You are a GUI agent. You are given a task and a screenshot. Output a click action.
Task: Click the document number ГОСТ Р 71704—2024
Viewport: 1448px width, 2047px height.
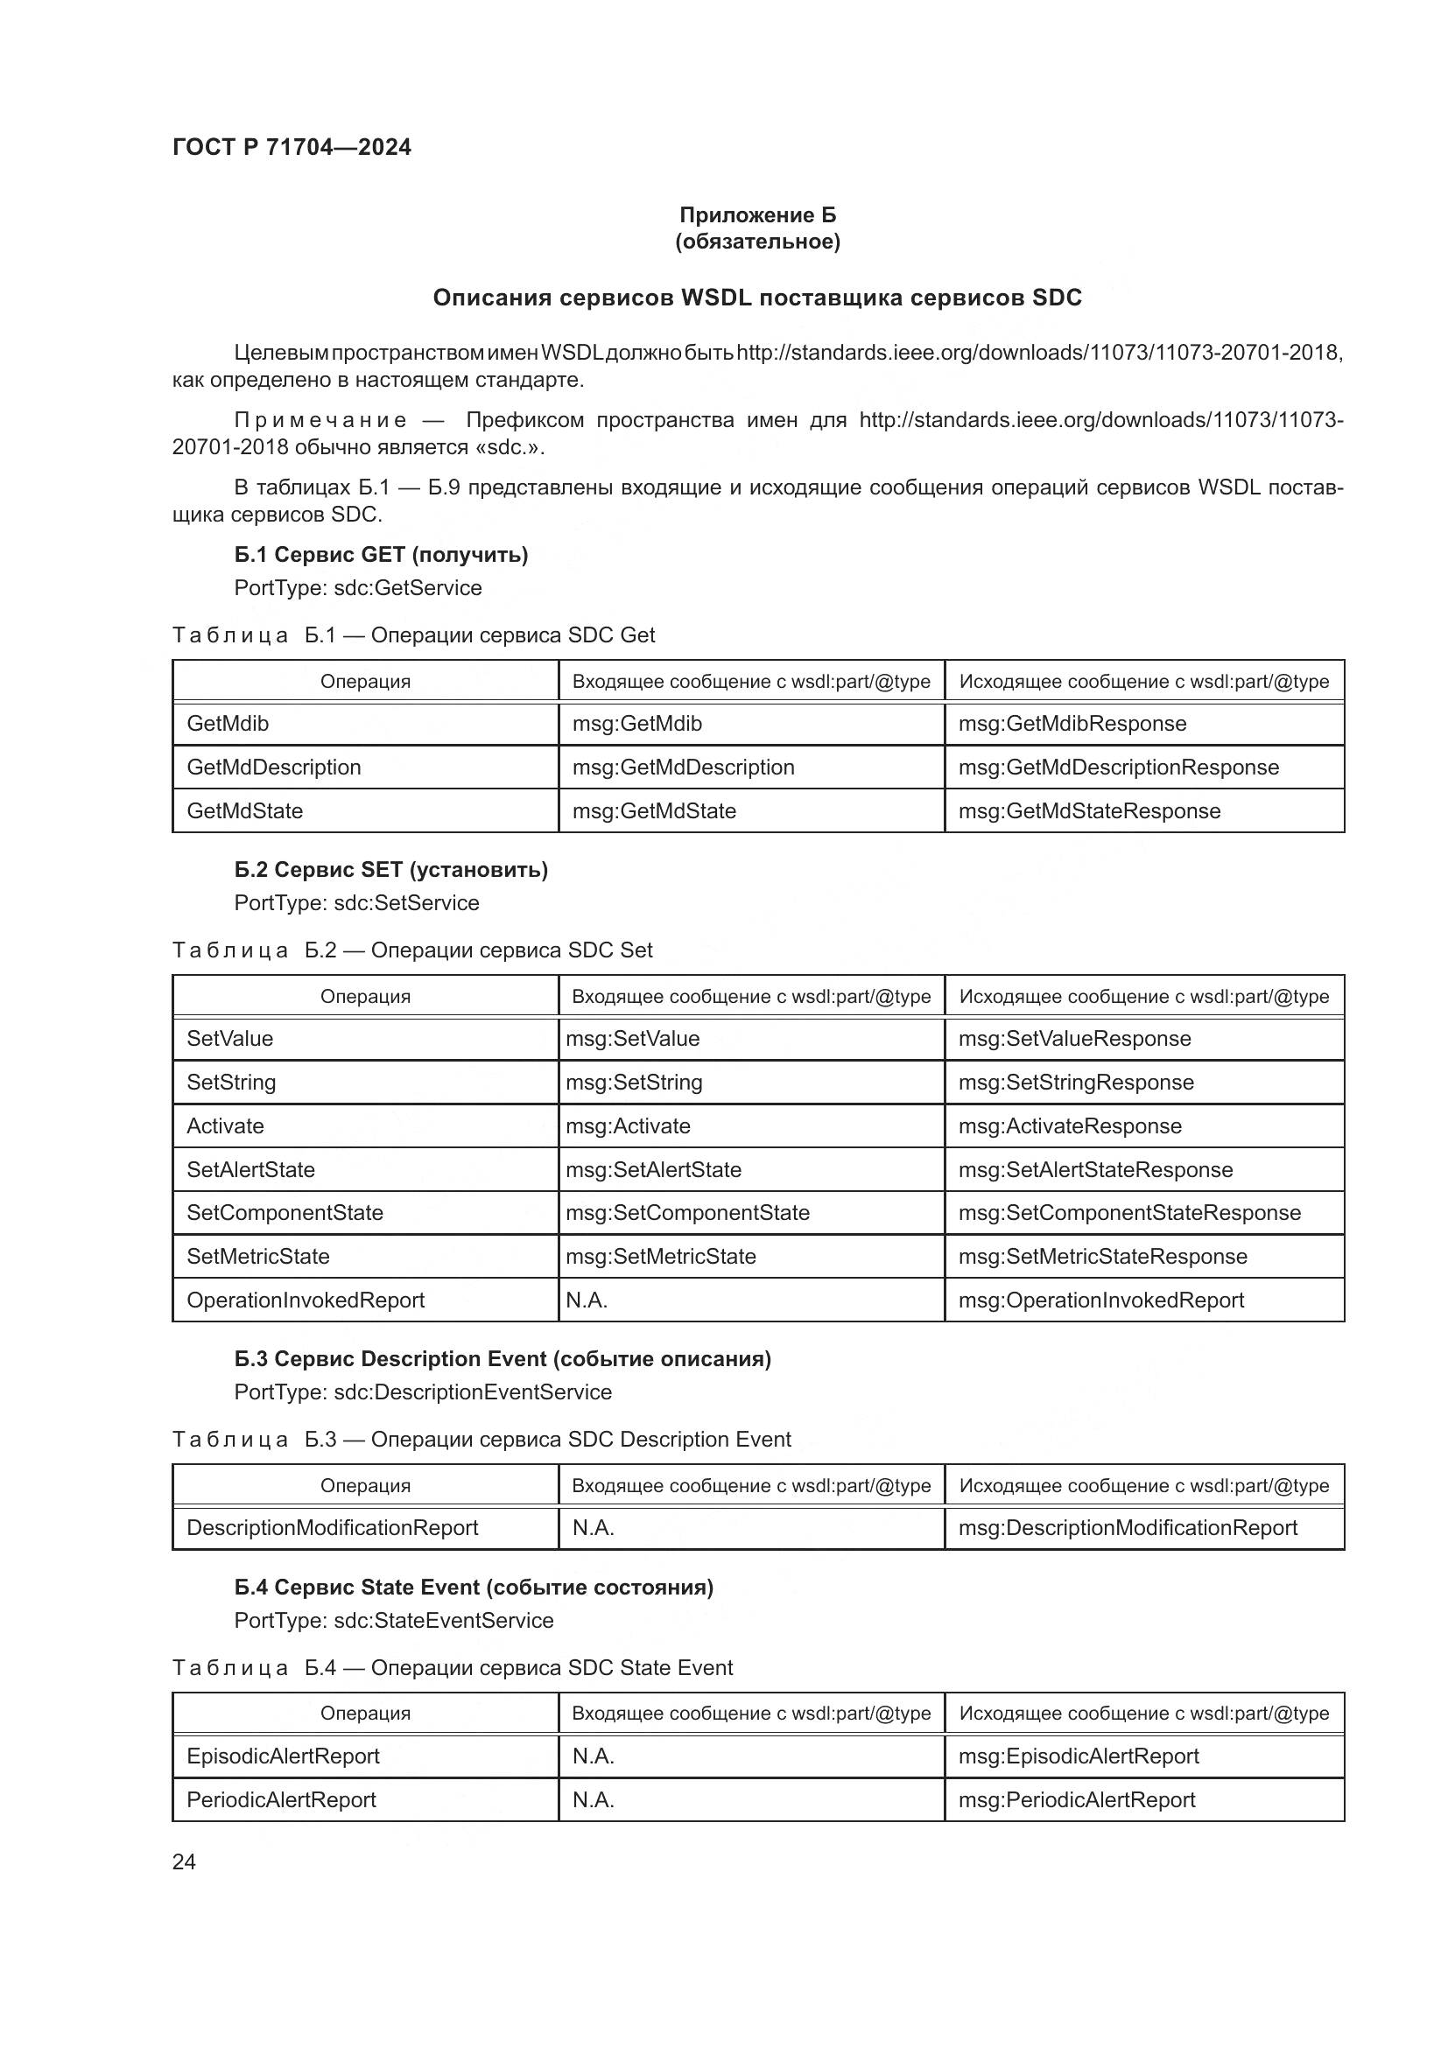(292, 147)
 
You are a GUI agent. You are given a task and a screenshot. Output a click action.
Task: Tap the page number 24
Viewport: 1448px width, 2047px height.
(184, 1861)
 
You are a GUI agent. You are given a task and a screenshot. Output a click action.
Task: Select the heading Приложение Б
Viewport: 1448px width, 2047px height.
(757, 215)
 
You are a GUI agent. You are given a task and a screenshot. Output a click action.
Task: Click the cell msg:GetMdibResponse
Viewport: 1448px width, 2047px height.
(1072, 724)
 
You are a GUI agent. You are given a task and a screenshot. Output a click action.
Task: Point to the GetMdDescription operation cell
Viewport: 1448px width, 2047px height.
(274, 768)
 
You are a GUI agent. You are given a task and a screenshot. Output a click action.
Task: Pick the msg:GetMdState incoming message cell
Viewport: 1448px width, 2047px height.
(654, 811)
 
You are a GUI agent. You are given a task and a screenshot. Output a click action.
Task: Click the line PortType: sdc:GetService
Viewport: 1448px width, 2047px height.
(357, 588)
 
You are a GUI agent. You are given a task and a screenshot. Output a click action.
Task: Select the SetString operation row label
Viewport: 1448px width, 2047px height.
(231, 1083)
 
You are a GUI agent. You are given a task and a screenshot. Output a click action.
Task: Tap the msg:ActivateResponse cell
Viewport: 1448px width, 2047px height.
(1069, 1126)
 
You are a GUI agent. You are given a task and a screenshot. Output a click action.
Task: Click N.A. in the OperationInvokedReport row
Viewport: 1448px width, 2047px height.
(586, 1300)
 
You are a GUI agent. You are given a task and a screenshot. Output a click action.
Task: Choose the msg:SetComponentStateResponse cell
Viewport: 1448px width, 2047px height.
(1128, 1213)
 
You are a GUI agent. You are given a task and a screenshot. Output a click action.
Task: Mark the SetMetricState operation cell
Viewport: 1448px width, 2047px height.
(257, 1257)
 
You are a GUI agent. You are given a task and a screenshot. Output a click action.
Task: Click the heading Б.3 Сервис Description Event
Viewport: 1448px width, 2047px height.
(502, 1359)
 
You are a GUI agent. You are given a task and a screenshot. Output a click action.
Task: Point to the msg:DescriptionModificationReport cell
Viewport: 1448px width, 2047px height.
(1127, 1528)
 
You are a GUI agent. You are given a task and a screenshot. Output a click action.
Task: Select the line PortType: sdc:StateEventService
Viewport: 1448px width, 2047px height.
(393, 1621)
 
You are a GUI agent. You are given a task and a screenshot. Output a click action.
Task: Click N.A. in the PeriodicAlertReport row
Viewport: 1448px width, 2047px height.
(593, 1800)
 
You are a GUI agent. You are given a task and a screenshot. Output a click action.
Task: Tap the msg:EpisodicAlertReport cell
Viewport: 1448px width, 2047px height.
(1078, 1756)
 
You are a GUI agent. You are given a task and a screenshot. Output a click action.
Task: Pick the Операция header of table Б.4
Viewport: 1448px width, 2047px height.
(365, 1714)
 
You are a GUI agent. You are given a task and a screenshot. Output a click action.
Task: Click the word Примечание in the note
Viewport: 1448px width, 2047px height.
(320, 420)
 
